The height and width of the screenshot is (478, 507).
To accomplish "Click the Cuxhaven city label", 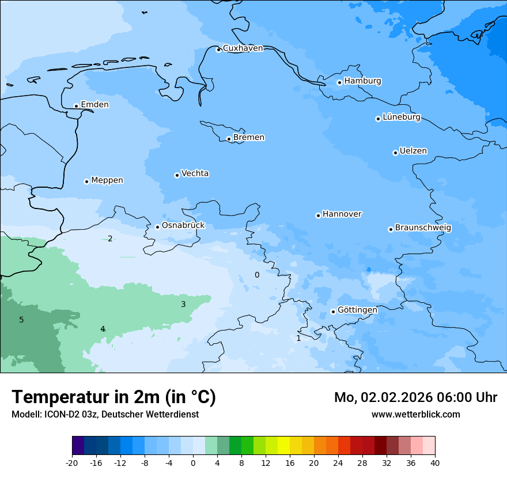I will pyautogui.click(x=243, y=48).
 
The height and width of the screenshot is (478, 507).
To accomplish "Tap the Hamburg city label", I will pyautogui.click(x=362, y=81).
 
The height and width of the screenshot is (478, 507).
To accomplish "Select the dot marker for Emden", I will pyautogui.click(x=76, y=106).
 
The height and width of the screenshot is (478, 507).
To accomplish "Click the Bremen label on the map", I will pyautogui.click(x=249, y=138).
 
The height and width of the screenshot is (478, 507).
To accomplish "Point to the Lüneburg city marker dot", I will pyautogui.click(x=378, y=119).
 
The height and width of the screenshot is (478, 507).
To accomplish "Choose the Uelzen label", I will pyautogui.click(x=413, y=151).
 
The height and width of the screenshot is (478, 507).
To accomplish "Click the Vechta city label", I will pyautogui.click(x=195, y=173).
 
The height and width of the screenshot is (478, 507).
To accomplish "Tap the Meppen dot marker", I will pyautogui.click(x=86, y=181).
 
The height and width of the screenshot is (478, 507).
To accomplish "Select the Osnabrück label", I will pyautogui.click(x=183, y=226).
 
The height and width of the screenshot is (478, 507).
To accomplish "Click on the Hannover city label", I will pyautogui.click(x=342, y=214).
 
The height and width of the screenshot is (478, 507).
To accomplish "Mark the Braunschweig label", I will pyautogui.click(x=423, y=228).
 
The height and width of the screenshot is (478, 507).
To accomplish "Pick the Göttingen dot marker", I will pyautogui.click(x=333, y=312).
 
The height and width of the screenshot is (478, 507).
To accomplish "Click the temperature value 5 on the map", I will pyautogui.click(x=21, y=320).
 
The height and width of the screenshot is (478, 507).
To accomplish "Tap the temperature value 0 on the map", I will pyautogui.click(x=257, y=275).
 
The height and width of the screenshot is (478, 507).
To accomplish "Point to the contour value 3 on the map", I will pyautogui.click(x=183, y=304).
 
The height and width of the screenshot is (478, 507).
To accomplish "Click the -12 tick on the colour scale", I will pyautogui.click(x=120, y=463).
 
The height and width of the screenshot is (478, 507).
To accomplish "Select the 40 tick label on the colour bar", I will pyautogui.click(x=434, y=463).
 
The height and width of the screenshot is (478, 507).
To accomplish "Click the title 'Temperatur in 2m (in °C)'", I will pyautogui.click(x=113, y=397).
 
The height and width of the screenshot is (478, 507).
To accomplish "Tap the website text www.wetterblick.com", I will pyautogui.click(x=415, y=415).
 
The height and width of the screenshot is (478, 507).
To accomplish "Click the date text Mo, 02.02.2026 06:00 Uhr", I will pyautogui.click(x=415, y=397).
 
